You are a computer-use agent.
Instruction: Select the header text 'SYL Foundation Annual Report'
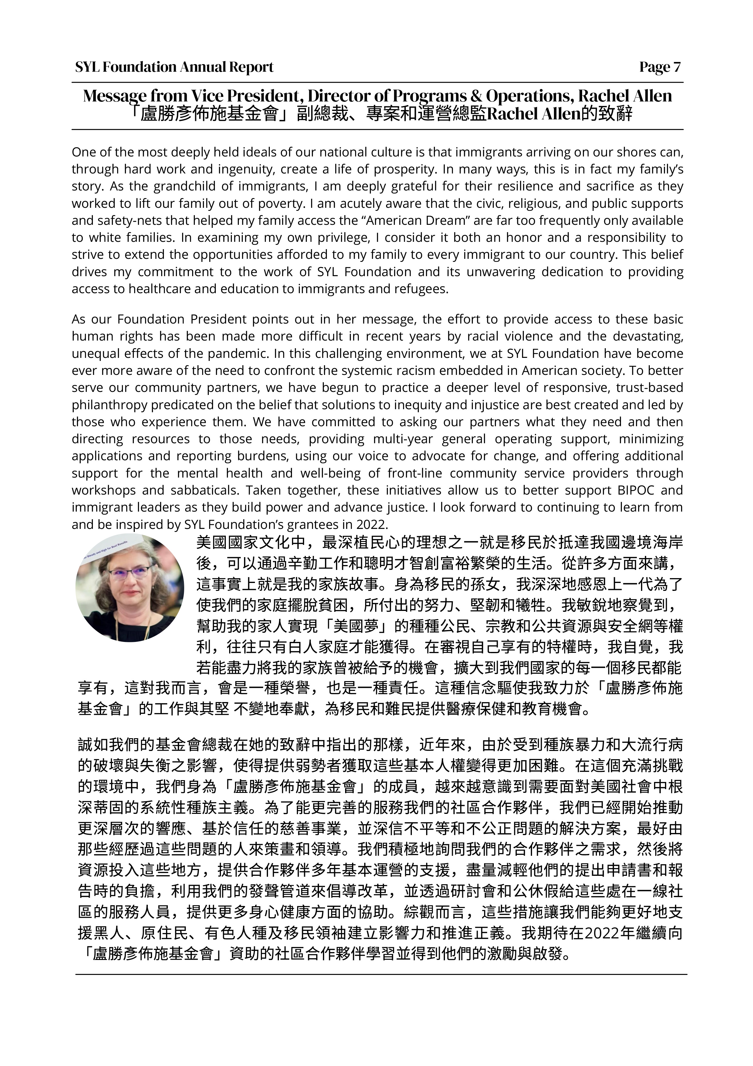(x=175, y=67)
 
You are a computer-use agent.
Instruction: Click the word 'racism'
(x=435, y=371)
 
